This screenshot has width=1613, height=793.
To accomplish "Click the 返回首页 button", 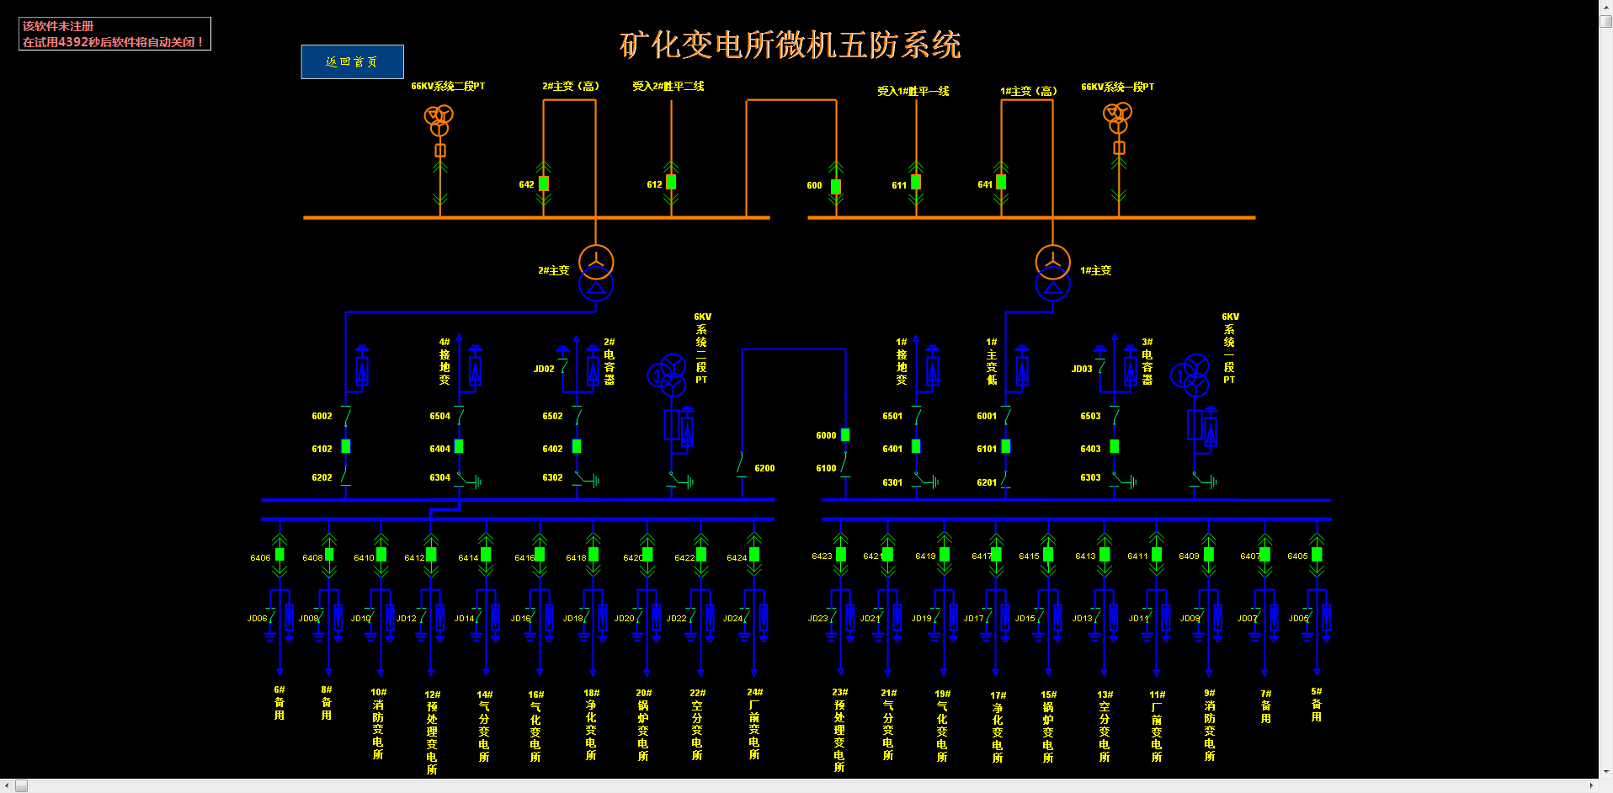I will tap(352, 61).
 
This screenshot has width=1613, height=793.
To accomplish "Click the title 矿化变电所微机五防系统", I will tap(790, 45).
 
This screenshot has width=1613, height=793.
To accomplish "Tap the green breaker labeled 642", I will tap(544, 183).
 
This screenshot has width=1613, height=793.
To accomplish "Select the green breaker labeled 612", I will tap(671, 182).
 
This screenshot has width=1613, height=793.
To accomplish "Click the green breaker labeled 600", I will tap(836, 186).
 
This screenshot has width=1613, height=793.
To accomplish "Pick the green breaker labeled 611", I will tap(916, 182).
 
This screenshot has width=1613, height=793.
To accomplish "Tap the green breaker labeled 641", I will tap(1001, 182).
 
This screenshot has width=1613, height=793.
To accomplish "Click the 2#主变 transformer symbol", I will tap(596, 273).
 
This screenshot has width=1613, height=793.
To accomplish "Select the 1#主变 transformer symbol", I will tap(1052, 273).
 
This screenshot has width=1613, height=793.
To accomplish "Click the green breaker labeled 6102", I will tap(346, 446).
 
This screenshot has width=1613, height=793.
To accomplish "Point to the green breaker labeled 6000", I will tap(845, 434).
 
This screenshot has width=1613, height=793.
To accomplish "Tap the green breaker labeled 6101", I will tap(1006, 446).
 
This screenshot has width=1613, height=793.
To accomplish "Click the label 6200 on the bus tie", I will tap(764, 468).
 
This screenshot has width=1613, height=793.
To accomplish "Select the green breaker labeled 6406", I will tap(280, 554).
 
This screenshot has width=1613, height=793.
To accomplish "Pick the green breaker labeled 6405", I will tap(1317, 554).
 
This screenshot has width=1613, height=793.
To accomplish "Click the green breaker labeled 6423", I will tap(841, 554).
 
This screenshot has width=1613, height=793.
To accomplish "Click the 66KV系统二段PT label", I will tap(447, 86).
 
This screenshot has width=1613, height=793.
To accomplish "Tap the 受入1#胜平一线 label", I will tap(913, 91).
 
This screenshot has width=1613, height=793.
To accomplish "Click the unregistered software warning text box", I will tap(114, 34).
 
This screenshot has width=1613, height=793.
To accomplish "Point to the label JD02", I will tap(544, 369).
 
